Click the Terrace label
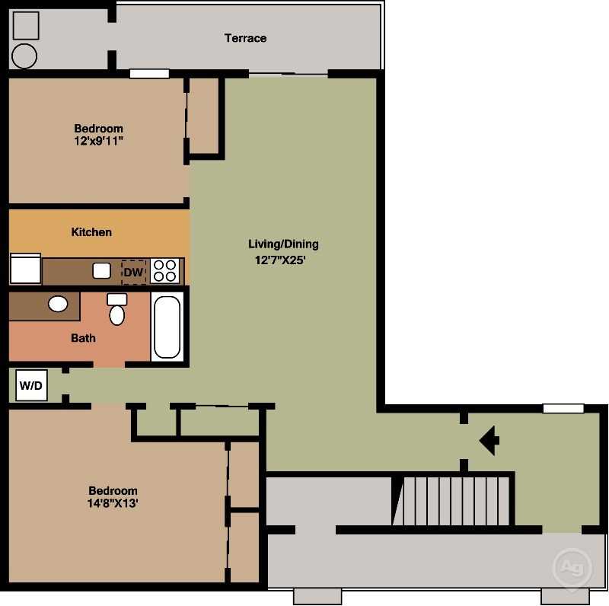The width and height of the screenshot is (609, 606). click(x=245, y=38)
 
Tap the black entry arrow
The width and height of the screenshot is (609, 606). click(x=489, y=441)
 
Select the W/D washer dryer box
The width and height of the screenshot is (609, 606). click(x=31, y=385)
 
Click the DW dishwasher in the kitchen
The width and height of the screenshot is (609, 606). click(x=134, y=272)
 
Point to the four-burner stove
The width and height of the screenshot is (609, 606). click(x=164, y=271)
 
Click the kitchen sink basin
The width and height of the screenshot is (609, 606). click(x=101, y=271)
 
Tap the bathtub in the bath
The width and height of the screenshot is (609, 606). click(x=167, y=327)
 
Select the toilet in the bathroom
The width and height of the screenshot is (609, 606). click(x=117, y=309)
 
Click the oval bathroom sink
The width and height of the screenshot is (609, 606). click(x=58, y=304)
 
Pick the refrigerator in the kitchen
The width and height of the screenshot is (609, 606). click(x=25, y=269)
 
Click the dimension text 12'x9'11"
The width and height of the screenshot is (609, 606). click(x=99, y=141)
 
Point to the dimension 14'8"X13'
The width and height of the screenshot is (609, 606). click(x=113, y=503)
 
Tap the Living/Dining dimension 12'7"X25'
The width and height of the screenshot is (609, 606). click(x=280, y=260)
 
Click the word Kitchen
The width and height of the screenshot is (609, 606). click(x=91, y=232)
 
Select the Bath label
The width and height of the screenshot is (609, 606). click(x=83, y=338)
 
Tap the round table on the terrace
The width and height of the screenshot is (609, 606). click(x=24, y=56)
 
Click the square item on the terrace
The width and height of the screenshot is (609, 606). click(x=26, y=26)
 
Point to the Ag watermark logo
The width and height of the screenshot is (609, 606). click(x=572, y=567)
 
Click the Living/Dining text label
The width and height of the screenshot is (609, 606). click(x=283, y=244)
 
